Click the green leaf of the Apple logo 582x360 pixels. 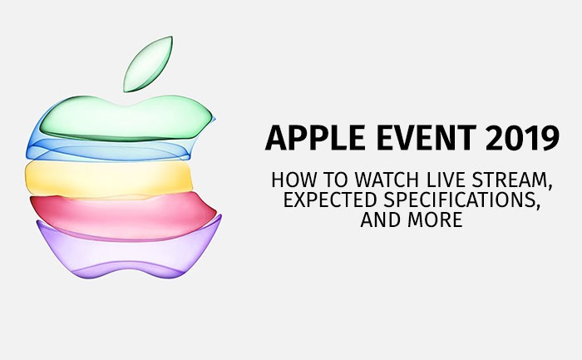pyautogui.click(x=148, y=64)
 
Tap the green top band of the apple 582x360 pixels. pyautogui.click(x=126, y=118)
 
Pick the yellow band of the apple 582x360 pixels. pyautogui.click(x=109, y=179)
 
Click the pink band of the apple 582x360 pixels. pyautogui.click(x=122, y=216)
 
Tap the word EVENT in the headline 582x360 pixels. pyautogui.click(x=427, y=138)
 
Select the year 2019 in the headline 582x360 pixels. pyautogui.click(x=522, y=138)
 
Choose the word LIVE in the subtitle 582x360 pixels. pyautogui.click(x=446, y=180)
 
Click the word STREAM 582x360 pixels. pyautogui.click(x=509, y=180)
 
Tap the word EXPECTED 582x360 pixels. pyautogui.click(x=330, y=200)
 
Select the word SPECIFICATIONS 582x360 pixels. pyautogui.click(x=458, y=200)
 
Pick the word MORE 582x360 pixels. pyautogui.click(x=435, y=219)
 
